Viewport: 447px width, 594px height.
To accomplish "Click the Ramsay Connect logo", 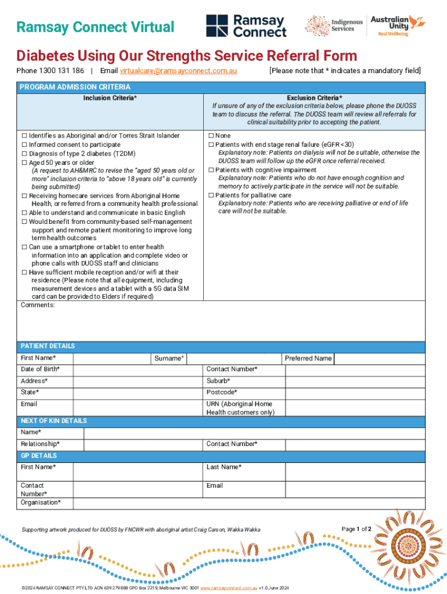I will tap(246, 26).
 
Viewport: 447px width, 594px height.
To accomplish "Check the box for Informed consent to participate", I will tap(24, 144).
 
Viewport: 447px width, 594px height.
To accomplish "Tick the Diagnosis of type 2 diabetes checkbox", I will tap(24, 154).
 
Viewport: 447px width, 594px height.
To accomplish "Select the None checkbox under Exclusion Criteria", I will tap(211, 136).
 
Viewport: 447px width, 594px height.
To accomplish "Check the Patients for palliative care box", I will tap(211, 195).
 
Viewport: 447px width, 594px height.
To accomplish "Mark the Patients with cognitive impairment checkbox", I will tap(211, 170).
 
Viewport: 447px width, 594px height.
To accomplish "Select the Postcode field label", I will tap(222, 393).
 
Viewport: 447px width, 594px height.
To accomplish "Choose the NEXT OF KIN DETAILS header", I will tap(53, 421).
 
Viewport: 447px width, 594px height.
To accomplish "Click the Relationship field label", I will tap(40, 444).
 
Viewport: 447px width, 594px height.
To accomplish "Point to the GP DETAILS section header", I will tap(38, 456).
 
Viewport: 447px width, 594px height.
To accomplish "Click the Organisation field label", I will tap(41, 503).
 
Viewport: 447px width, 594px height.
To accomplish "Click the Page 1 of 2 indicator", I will tap(356, 529).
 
